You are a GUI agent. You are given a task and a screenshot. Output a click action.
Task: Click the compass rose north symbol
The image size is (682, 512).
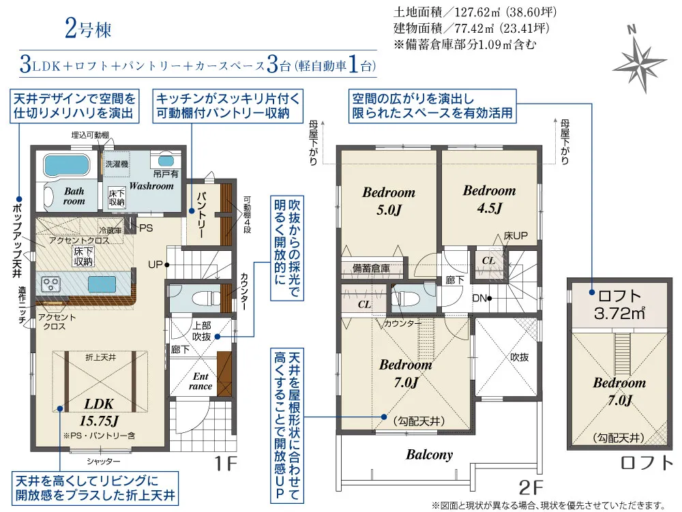pyautogui.click(x=640, y=60)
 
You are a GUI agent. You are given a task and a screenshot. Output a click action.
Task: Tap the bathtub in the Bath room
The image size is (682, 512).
pyautogui.click(x=67, y=165)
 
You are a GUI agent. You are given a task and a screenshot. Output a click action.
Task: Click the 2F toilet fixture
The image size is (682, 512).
pyautogui.click(x=404, y=299)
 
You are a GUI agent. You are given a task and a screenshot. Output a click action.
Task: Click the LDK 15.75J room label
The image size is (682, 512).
pyautogui.click(x=99, y=412)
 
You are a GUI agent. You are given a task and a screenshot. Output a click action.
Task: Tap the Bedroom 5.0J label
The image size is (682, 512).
pyautogui.click(x=389, y=201)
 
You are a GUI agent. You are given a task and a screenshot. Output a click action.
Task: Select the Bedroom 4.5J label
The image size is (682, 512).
pyautogui.click(x=489, y=199)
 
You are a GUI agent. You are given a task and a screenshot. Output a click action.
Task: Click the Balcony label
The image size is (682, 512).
pyautogui.click(x=429, y=455)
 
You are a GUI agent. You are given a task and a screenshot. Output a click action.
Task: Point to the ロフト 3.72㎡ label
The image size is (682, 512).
pyautogui.click(x=619, y=305)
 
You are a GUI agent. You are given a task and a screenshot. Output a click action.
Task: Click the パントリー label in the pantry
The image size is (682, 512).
pyautogui.click(x=201, y=215)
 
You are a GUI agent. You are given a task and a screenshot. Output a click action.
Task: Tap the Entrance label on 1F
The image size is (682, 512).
pyautogui.click(x=201, y=381)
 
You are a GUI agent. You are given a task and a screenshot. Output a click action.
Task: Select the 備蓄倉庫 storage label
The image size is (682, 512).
pyautogui.click(x=371, y=268)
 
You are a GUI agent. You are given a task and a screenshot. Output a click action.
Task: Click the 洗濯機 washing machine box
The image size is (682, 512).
pyautogui.click(x=117, y=164)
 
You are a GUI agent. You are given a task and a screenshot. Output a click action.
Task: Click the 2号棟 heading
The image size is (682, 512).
pyautogui.click(x=88, y=29)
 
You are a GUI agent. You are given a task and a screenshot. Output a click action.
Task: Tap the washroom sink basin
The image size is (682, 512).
pyautogui.click(x=166, y=161)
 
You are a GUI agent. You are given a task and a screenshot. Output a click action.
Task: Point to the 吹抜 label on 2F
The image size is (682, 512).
pyautogui.click(x=519, y=357)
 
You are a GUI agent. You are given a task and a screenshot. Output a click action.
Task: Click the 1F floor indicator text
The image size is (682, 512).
pyautogui.click(x=226, y=464)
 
